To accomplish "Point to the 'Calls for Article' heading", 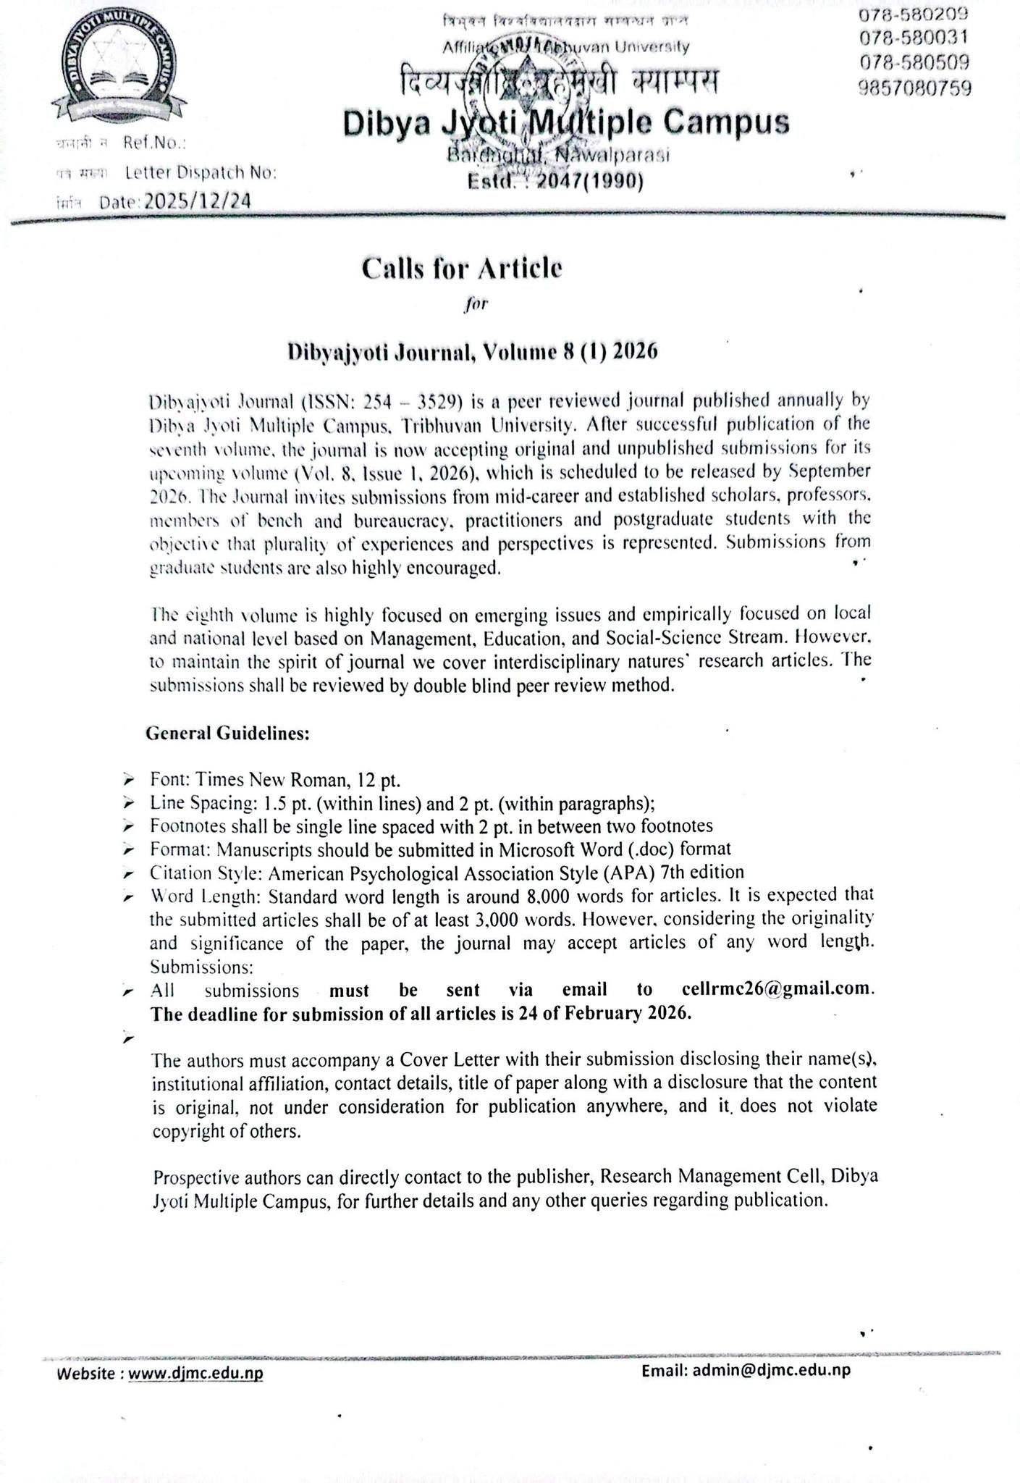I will pos(462,269).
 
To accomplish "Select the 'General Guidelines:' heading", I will pos(228,733).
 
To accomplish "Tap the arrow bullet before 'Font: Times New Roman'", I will pos(128,780).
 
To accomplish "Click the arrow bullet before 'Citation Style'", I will pos(128,873).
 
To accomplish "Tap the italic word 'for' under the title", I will pos(475,304).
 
